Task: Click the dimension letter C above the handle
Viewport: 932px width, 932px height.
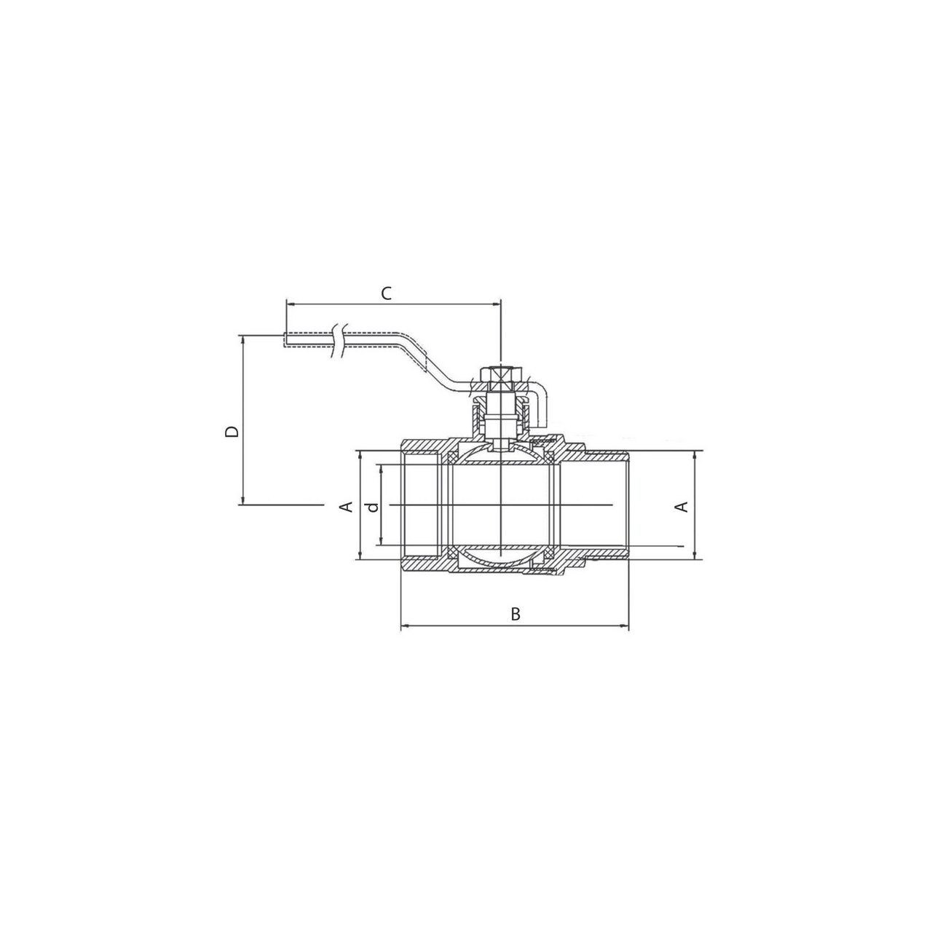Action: click(x=387, y=293)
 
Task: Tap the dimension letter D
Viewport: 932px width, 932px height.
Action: click(x=232, y=432)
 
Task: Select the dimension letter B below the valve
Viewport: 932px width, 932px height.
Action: click(x=516, y=615)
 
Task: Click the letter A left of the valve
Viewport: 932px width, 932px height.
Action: click(x=347, y=507)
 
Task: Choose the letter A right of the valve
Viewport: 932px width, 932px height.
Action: click(x=682, y=507)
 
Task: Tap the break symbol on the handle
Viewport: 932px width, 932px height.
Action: click(x=339, y=341)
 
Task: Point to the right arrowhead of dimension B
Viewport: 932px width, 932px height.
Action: click(x=625, y=627)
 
